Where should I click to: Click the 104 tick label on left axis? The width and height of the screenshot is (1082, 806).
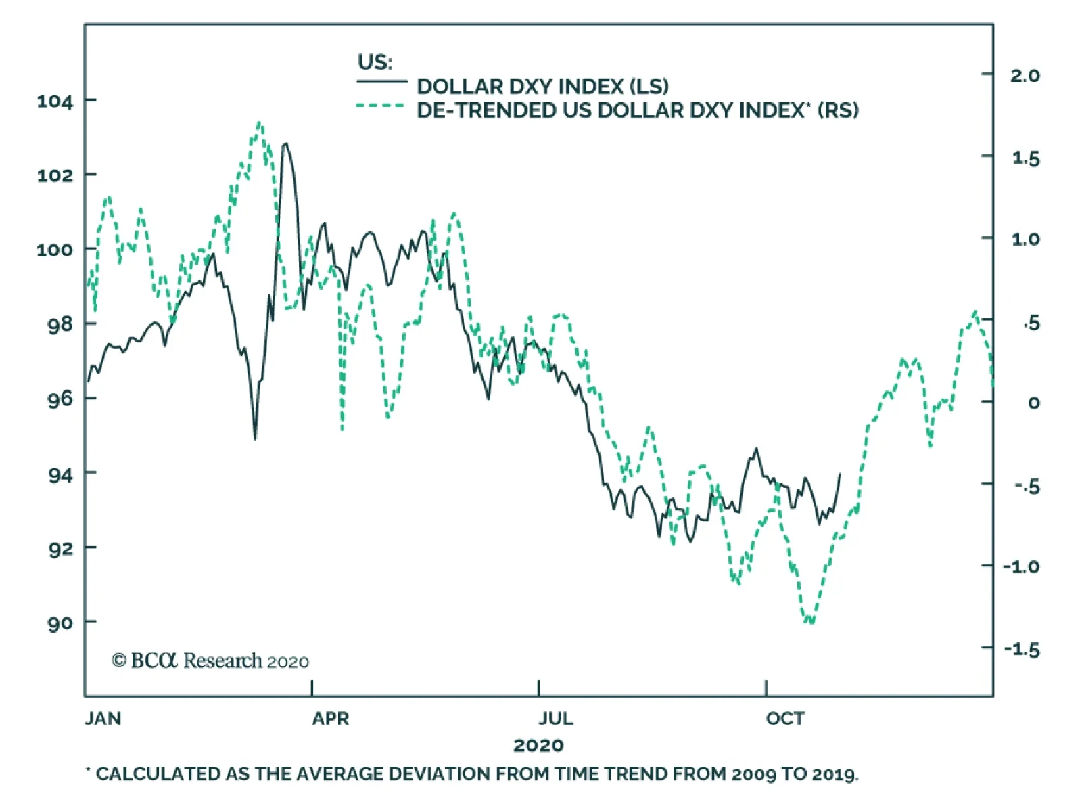pos(55,102)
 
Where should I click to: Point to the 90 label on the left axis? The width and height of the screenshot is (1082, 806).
pos(60,623)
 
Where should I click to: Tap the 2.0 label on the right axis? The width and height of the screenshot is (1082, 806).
pos(1025,75)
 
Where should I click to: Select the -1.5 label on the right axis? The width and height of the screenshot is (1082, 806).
pos(1022,650)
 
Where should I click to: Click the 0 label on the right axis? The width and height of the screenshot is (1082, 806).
pos(1033,403)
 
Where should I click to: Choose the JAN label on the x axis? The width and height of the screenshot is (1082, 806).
pos(103,719)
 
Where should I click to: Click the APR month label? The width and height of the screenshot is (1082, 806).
pos(330,719)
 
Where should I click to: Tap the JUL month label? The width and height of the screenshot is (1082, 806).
pos(556,719)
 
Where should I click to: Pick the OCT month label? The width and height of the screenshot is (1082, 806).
pos(785,719)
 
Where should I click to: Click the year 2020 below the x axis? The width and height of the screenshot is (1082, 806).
pos(538,746)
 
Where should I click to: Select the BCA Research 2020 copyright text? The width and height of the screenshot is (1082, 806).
pos(210,661)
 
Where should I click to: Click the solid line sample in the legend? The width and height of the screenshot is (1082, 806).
pos(382,82)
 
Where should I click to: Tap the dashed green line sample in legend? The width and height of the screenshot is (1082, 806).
pos(380,106)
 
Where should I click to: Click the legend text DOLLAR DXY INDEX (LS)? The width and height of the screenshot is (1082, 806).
pos(542,87)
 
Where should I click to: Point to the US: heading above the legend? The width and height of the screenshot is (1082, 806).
pos(375,62)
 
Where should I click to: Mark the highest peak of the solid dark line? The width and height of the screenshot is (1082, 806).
pos(286,143)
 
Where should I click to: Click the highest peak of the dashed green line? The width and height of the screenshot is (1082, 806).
pos(260,123)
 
